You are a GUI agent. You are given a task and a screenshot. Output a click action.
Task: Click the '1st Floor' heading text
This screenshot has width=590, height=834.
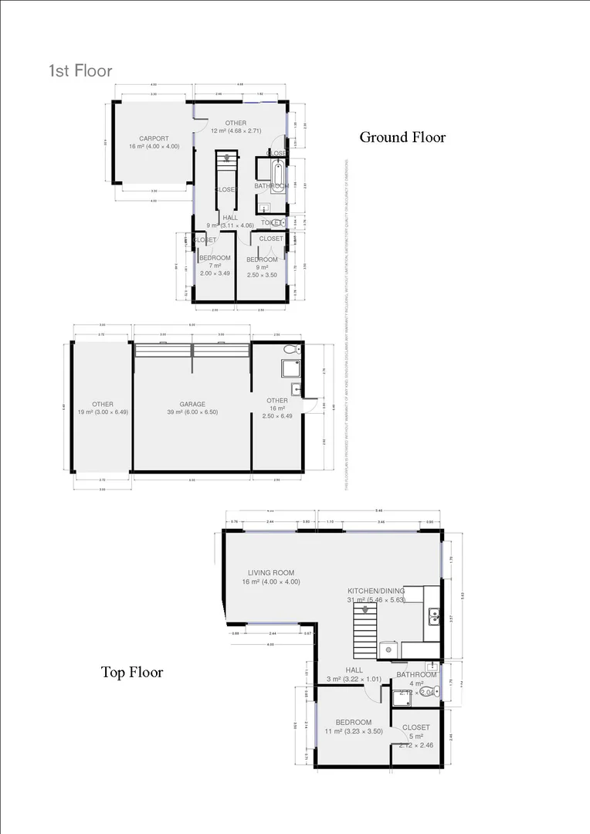(81, 71)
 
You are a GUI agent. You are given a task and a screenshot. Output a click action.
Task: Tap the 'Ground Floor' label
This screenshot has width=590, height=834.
(402, 137)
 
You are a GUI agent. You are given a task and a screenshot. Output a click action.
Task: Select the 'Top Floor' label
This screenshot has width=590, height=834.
(132, 672)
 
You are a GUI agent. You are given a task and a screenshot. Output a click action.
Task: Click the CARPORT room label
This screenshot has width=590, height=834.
(143, 139)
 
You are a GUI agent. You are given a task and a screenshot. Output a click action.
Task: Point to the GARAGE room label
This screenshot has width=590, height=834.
(192, 404)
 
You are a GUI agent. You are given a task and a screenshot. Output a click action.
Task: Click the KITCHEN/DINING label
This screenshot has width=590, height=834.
(376, 591)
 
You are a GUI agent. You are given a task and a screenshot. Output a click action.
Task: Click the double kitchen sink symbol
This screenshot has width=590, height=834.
(435, 615)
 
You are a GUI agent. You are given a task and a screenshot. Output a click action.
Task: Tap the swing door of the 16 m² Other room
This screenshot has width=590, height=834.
(310, 402)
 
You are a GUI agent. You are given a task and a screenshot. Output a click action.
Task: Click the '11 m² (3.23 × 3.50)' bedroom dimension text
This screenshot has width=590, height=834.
(354, 731)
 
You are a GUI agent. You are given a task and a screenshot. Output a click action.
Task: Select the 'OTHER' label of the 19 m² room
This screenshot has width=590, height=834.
(103, 404)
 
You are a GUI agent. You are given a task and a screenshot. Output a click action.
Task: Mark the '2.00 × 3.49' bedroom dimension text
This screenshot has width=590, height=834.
(215, 273)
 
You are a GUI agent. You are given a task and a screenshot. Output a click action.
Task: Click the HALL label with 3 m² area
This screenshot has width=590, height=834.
(354, 670)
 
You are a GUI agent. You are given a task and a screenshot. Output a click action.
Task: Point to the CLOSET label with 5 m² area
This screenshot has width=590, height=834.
(416, 727)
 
